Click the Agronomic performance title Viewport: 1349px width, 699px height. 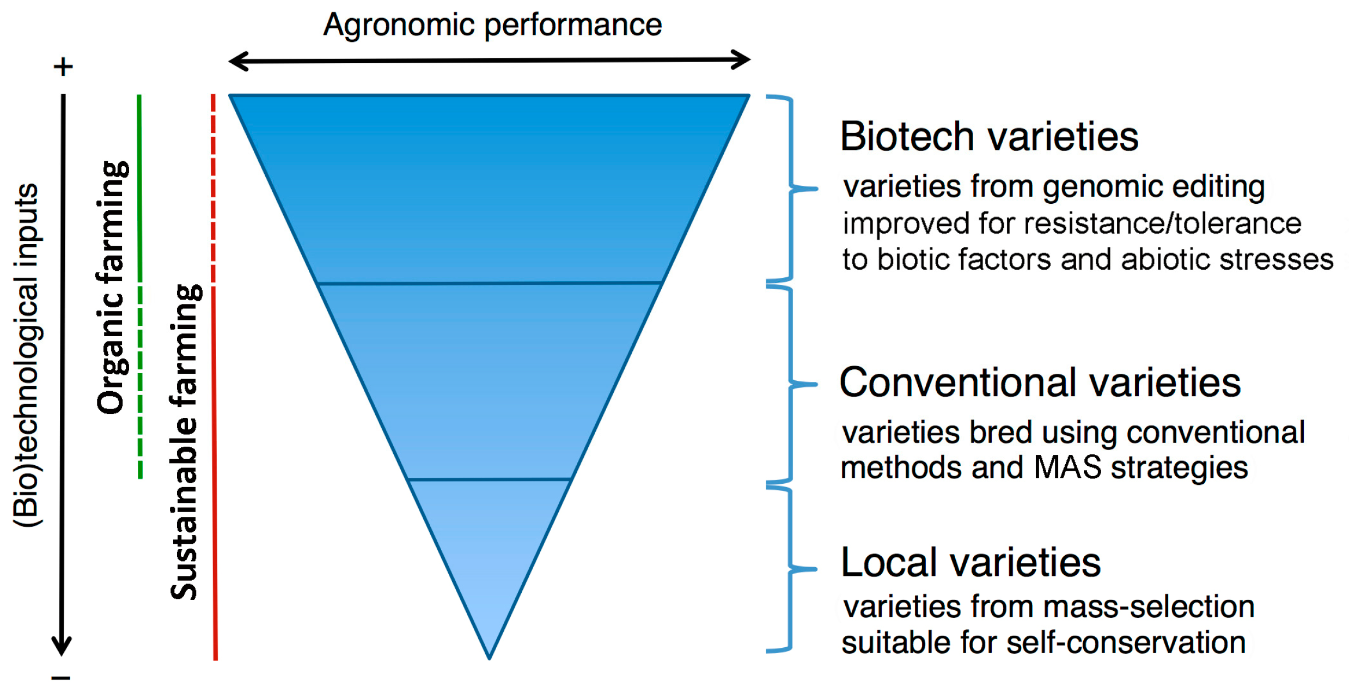[x=492, y=25]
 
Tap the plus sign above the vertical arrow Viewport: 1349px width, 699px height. [x=63, y=66]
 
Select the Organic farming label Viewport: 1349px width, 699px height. [x=112, y=288]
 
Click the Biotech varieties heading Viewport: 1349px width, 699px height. [x=989, y=136]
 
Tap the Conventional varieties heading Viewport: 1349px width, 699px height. [x=1040, y=382]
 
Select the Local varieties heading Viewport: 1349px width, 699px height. [x=970, y=562]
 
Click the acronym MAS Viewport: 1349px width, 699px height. [x=1067, y=467]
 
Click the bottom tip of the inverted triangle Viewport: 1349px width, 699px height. [x=489, y=658]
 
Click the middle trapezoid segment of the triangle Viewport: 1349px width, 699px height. [x=489, y=381]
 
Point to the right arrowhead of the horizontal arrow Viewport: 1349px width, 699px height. [x=741, y=60]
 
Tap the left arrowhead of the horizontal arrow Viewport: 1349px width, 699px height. [x=239, y=61]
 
